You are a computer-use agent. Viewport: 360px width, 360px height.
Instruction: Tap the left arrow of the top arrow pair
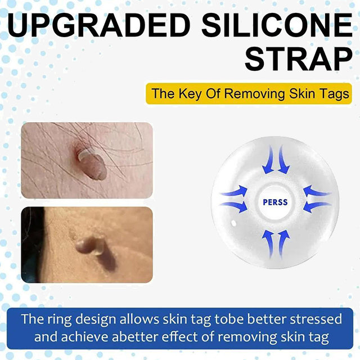coord(268,160)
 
